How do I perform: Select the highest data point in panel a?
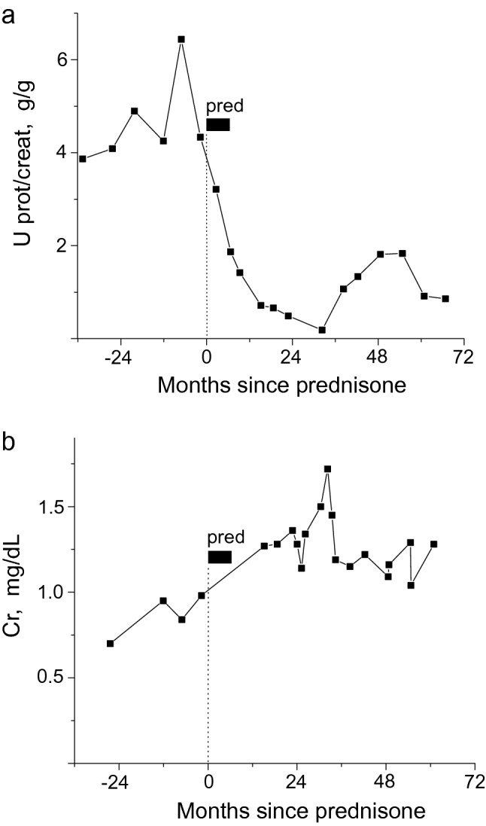click(181, 39)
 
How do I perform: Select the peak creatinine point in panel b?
click(327, 469)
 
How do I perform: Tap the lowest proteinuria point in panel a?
click(322, 330)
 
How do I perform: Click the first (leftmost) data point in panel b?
click(110, 643)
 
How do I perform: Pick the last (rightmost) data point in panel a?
click(445, 299)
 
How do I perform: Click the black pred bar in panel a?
click(218, 125)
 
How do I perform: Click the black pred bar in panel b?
click(220, 557)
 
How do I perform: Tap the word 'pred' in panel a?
click(225, 106)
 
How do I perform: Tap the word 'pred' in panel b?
click(226, 538)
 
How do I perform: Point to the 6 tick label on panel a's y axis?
click(64, 59)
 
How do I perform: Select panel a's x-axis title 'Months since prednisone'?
click(282, 386)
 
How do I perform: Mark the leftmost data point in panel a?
click(83, 159)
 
